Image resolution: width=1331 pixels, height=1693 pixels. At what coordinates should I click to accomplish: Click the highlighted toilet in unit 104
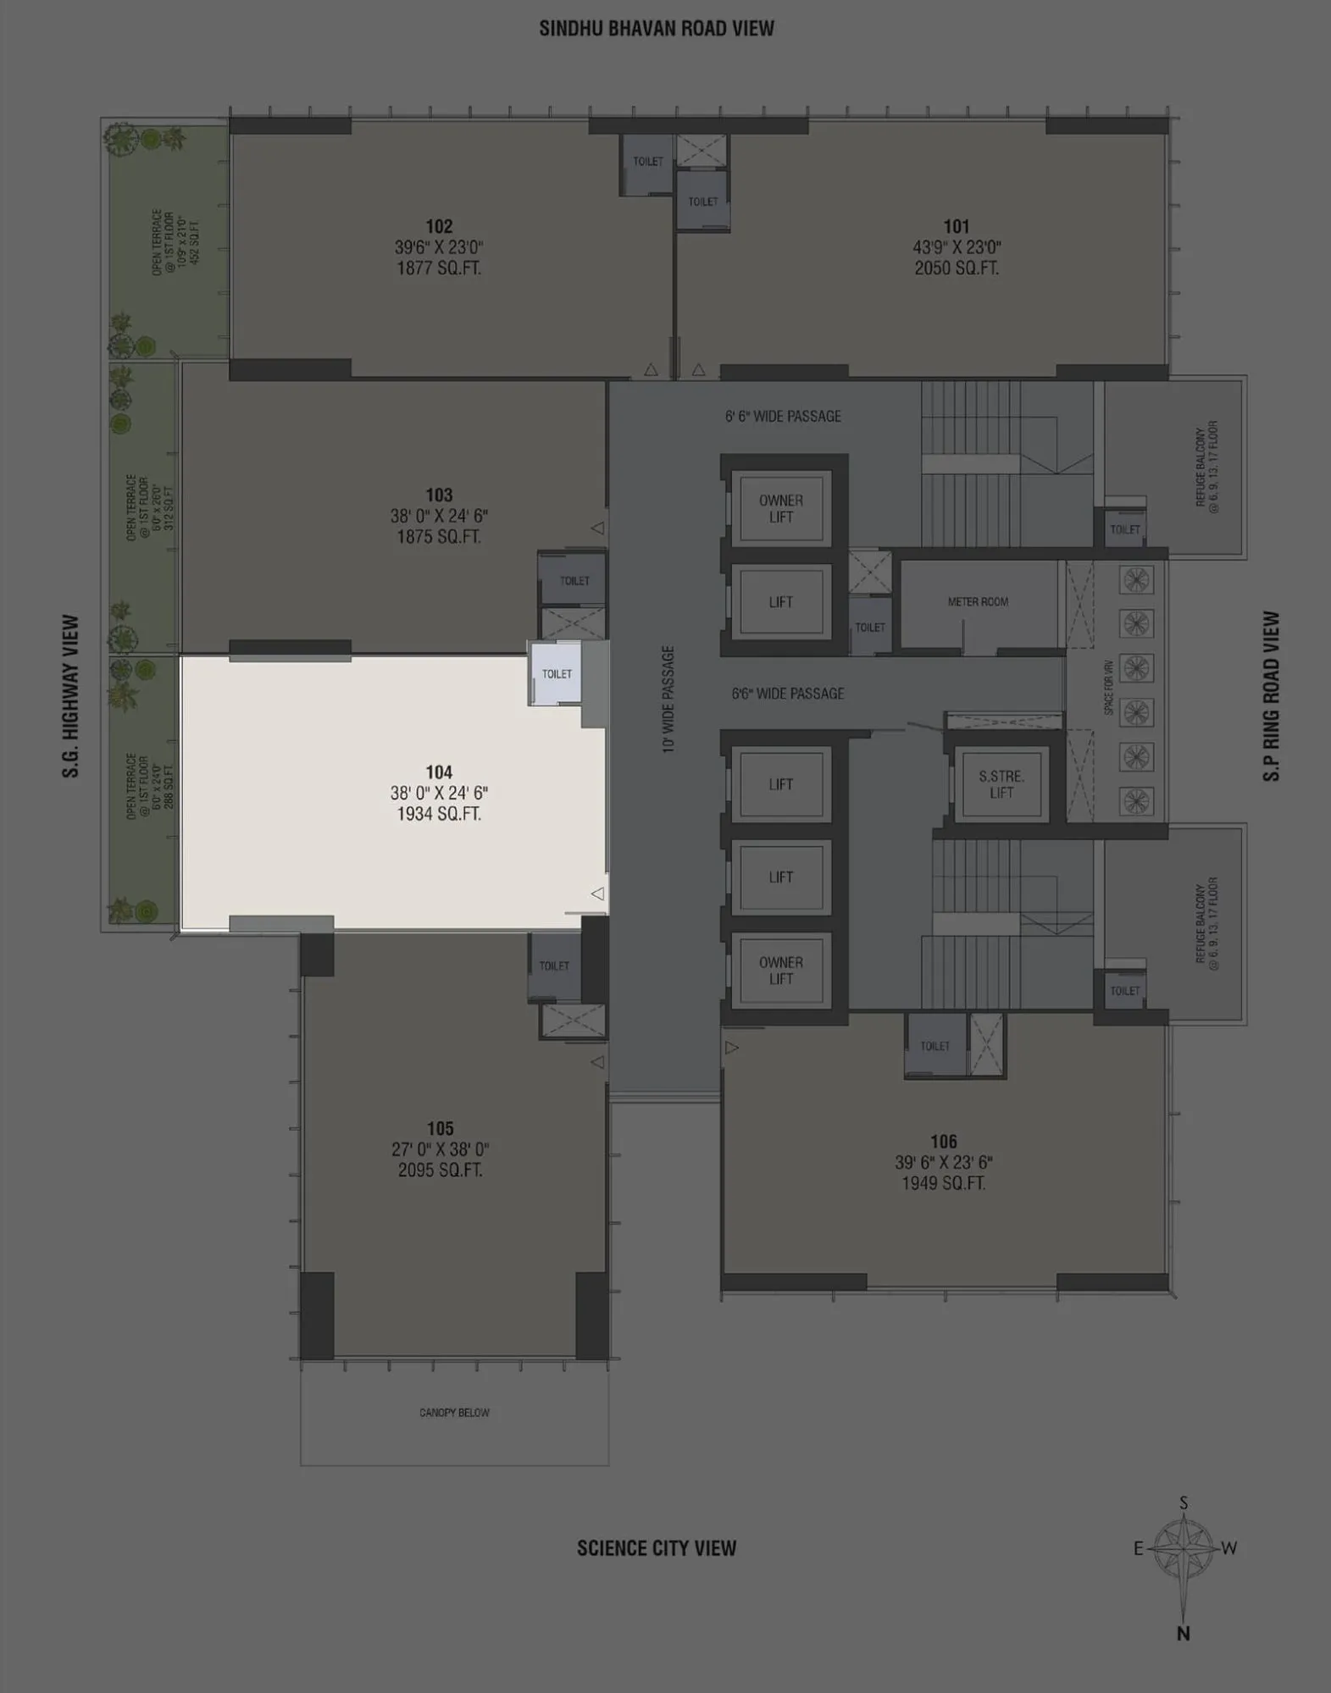coord(557,674)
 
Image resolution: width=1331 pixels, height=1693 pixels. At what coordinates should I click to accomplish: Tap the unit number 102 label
coord(439,226)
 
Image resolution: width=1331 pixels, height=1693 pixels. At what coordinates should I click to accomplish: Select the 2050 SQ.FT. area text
coord(957,268)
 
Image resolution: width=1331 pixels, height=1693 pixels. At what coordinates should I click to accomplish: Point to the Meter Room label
coord(978,602)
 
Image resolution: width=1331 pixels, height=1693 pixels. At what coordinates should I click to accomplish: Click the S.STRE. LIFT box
coord(1001,785)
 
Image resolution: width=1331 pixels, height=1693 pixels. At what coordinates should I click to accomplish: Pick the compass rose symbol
coord(1183,1548)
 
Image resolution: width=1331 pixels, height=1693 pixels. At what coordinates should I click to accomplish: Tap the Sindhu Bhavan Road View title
coord(657,29)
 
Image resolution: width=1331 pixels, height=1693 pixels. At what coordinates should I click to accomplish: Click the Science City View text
coord(657,1548)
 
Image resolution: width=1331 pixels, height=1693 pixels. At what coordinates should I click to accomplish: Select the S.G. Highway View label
coord(70,696)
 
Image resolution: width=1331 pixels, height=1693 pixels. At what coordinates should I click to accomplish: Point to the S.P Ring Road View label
coord(1272,696)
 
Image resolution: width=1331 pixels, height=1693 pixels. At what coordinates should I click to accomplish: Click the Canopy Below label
coord(454,1413)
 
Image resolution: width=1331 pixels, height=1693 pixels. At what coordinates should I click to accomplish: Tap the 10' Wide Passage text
coord(668,700)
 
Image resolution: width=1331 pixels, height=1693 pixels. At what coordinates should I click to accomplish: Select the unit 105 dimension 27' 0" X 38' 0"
coord(440,1149)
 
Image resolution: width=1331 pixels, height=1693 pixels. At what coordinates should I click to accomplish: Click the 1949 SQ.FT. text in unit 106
coord(943,1183)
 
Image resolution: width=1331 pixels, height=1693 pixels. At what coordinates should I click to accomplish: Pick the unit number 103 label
coord(439,495)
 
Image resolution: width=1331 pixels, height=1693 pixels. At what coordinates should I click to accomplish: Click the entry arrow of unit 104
coord(597,894)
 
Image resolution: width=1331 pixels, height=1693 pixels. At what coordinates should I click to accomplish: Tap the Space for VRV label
coord(1108,688)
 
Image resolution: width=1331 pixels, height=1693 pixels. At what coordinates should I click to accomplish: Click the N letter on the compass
coord(1184,1634)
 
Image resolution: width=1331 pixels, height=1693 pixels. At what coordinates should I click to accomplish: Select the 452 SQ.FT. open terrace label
coord(196,241)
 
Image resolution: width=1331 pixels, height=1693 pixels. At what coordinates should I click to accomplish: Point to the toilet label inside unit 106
coord(935,1047)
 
